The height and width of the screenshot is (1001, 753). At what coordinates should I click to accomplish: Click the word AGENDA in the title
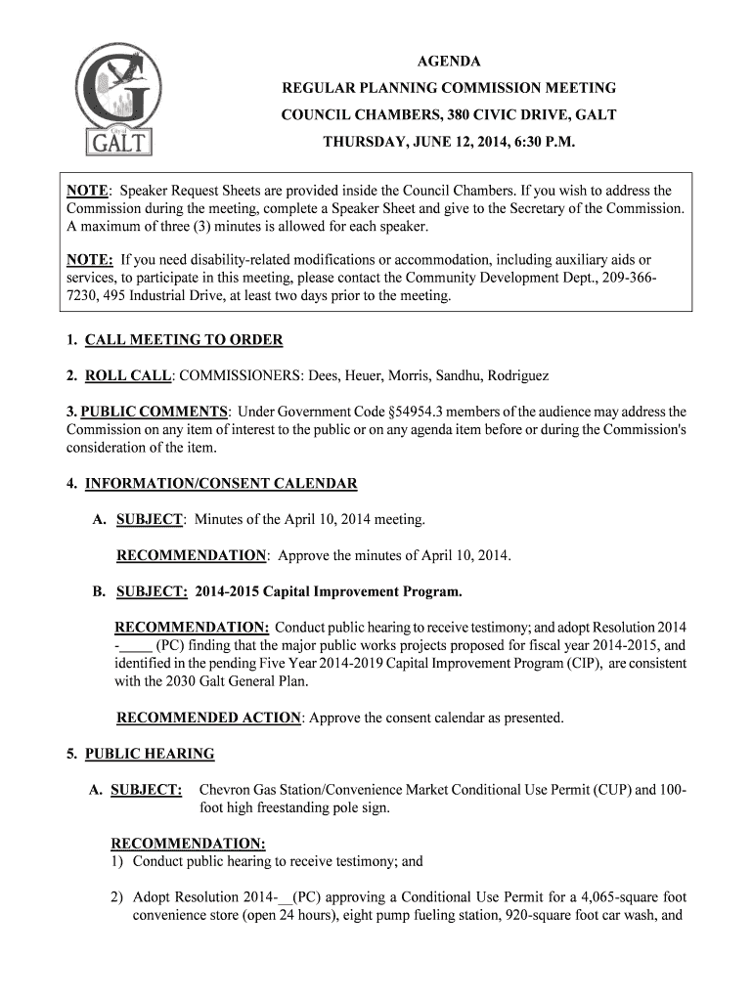(449, 61)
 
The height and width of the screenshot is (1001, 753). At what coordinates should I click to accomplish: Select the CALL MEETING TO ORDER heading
(184, 340)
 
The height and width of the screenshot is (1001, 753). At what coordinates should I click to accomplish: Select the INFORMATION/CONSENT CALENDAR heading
(221, 484)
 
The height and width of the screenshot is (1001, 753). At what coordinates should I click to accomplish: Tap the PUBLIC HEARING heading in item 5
(150, 754)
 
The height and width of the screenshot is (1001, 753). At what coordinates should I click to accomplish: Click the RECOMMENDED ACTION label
(208, 718)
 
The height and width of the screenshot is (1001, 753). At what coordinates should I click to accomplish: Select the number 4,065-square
(584, 897)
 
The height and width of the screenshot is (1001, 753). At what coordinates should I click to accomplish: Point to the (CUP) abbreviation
(613, 790)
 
